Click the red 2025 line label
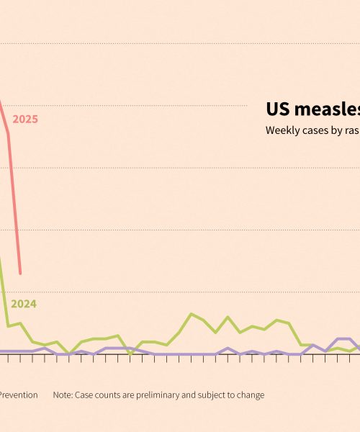[25, 120]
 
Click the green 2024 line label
[24, 304]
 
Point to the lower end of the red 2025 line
[20, 274]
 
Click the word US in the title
[277, 109]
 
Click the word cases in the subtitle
[315, 130]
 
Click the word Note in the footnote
[63, 395]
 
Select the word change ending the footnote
[249, 395]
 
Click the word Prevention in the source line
[18, 395]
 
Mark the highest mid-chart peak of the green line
[191, 314]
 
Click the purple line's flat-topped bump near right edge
[343, 338]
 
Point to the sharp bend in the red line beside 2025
[8, 133]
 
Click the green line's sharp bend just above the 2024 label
[8, 326]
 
